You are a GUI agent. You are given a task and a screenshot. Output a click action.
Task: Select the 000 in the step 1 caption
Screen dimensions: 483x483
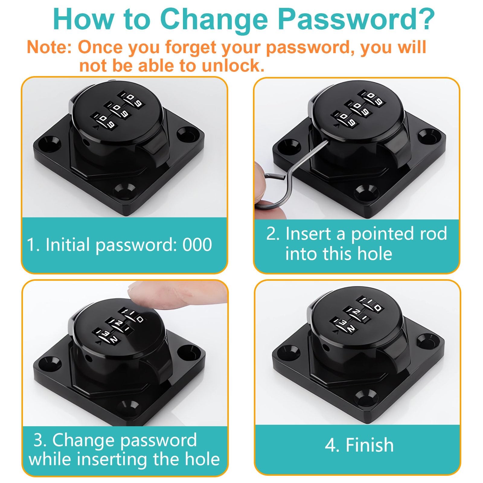197,244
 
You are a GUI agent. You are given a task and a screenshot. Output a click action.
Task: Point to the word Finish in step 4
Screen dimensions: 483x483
369,445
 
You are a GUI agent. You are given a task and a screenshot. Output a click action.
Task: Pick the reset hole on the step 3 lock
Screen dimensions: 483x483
89,359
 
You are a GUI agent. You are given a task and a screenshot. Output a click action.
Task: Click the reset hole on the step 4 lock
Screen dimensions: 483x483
326,348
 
